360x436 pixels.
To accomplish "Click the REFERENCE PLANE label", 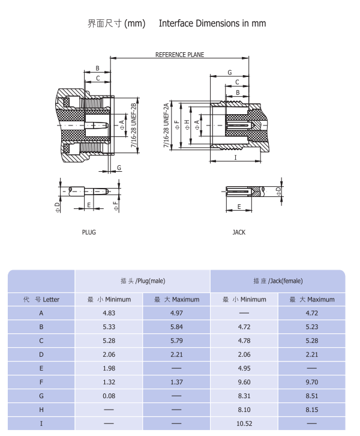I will point(179,55).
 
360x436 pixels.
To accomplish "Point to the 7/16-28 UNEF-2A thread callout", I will point(166,125).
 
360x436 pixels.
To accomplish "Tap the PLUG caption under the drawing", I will point(89,232).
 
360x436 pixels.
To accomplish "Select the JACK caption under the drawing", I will point(239,232).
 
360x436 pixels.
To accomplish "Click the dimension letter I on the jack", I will point(235,157).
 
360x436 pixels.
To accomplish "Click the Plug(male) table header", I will point(143,280).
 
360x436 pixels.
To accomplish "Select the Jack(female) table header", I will point(278,280).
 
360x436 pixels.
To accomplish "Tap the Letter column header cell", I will point(41,299).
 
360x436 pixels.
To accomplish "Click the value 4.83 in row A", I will point(109,313).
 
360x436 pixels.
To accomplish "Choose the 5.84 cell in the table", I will point(176,327).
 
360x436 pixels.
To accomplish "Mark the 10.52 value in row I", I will point(244,423).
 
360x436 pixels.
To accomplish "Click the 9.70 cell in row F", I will point(311,382).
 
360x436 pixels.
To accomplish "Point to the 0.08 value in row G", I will point(109,396).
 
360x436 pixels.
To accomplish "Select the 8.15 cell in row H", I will point(311,410).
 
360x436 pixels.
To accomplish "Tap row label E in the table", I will point(41,368).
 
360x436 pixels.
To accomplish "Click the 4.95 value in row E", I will point(244,368).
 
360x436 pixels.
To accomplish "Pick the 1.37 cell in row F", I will point(176,382).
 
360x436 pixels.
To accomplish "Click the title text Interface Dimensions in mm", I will point(212,23).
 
